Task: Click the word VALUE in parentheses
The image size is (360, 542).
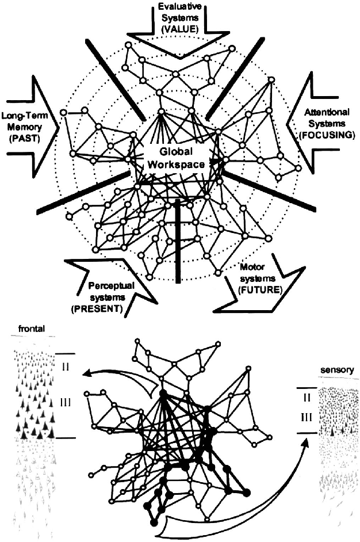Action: [x=180, y=27]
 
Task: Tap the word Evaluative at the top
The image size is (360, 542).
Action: [x=180, y=7]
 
